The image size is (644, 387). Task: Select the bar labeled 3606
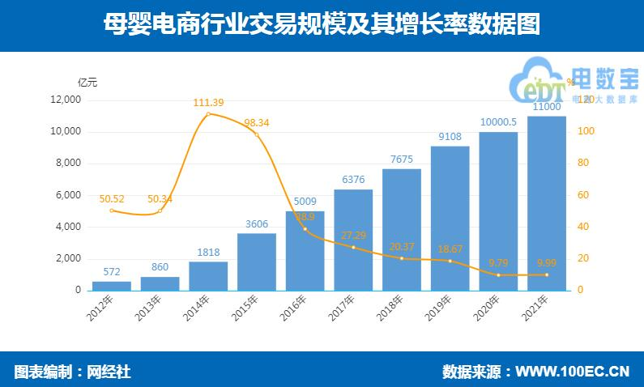[x=257, y=262]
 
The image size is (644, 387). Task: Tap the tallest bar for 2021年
[x=547, y=202]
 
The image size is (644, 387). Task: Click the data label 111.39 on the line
[x=209, y=102]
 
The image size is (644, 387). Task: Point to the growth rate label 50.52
[x=112, y=198]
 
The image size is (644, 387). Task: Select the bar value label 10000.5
[x=498, y=121]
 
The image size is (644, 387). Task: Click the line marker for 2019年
[x=450, y=261]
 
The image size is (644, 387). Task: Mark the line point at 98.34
[x=257, y=134]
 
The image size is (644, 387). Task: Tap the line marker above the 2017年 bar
[x=353, y=247]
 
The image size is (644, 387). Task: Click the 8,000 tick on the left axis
[x=67, y=164]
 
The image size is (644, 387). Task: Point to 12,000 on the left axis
[x=65, y=100]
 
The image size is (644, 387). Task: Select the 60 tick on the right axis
[x=582, y=195]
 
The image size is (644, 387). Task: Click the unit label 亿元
[x=87, y=81]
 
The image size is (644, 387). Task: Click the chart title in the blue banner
[x=322, y=24]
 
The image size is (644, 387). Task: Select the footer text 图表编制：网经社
[x=73, y=372]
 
